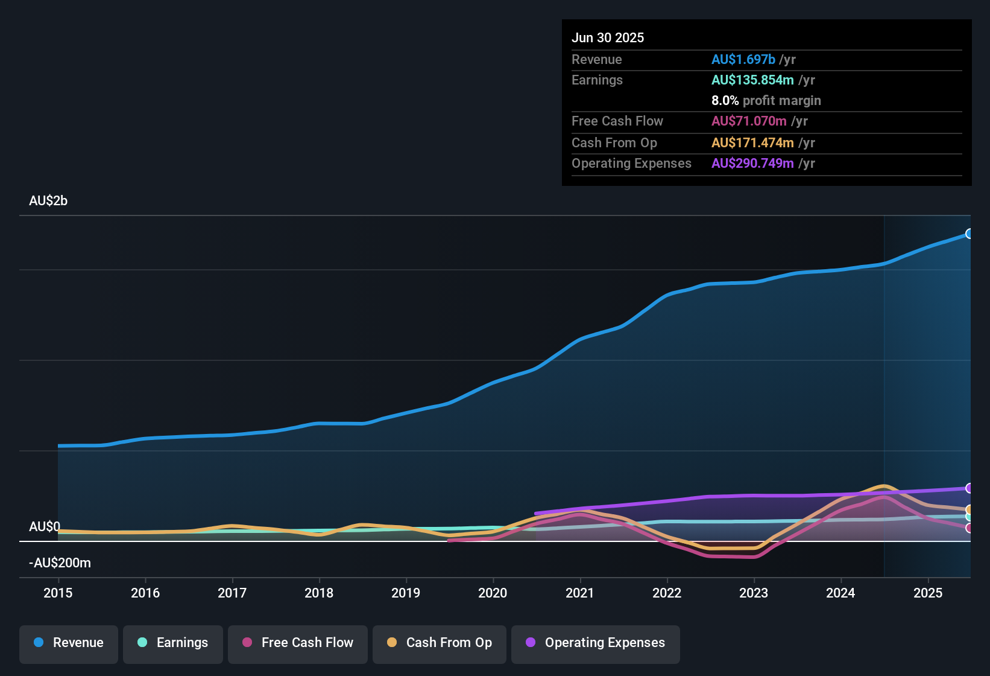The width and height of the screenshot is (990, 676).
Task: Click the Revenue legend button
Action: pos(69,643)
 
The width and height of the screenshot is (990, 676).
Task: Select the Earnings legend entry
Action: pos(173,643)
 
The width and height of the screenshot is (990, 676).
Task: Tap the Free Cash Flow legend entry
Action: pos(298,643)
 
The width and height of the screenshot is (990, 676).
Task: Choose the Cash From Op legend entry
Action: pos(440,643)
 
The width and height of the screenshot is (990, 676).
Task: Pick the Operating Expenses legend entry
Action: pos(596,643)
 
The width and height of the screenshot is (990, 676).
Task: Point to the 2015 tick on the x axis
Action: pos(58,593)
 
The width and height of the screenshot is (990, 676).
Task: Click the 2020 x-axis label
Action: pos(493,593)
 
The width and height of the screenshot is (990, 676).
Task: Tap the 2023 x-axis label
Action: pos(754,593)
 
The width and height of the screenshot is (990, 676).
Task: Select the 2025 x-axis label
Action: pos(927,593)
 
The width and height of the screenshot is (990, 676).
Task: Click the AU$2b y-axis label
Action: pos(48,201)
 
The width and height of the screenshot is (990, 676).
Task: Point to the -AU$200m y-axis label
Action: pos(60,563)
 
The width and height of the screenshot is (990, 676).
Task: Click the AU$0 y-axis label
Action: pos(45,527)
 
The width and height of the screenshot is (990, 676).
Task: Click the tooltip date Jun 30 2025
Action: pos(608,38)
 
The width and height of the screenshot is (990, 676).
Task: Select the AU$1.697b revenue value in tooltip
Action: pos(743,60)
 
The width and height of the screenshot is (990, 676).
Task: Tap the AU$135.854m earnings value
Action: pos(752,80)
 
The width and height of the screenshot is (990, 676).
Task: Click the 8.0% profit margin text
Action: pos(766,101)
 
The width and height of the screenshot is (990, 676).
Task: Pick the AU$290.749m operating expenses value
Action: pos(752,164)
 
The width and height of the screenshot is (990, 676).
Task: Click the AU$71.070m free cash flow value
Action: pos(749,121)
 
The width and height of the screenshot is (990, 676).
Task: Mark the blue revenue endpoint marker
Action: pos(969,234)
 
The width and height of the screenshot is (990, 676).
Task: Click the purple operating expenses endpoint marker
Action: pos(969,488)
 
